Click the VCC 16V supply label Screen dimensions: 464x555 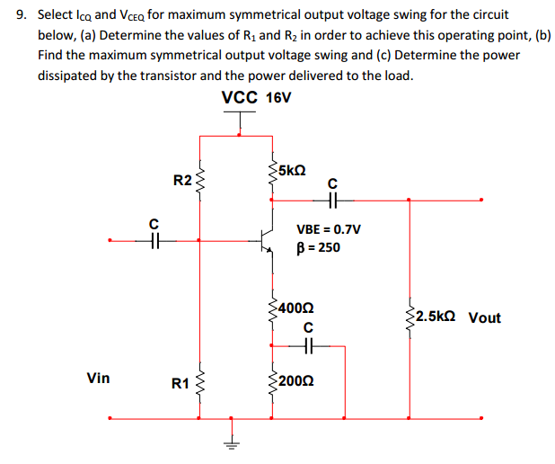256,97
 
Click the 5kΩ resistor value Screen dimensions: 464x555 293,168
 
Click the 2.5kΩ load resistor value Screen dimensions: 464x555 436,317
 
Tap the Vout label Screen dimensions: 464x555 485,317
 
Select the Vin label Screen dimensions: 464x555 98,378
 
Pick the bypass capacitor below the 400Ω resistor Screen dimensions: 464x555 309,344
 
